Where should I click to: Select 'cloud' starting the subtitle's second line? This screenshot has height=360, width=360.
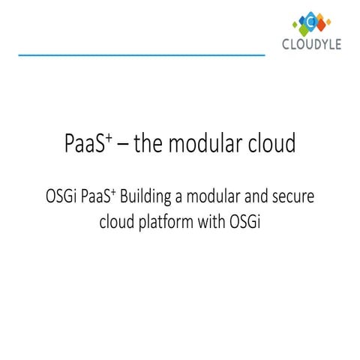click(x=116, y=223)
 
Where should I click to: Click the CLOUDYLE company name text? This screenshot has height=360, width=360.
click(x=311, y=44)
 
